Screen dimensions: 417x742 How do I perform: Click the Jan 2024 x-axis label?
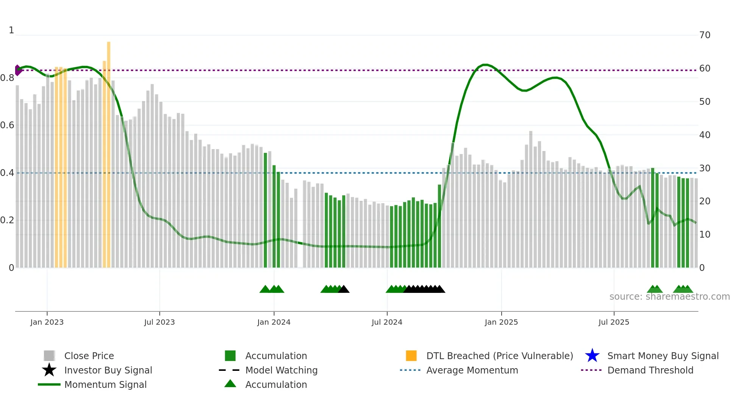274,322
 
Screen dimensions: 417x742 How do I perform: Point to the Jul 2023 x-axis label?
159,322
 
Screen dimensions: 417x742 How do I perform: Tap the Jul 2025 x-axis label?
614,322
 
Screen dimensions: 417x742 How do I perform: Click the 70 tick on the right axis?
705,35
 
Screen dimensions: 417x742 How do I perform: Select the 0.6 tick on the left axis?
7,125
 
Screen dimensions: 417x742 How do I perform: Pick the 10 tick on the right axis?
705,235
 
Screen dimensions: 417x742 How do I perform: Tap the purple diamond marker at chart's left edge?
17,70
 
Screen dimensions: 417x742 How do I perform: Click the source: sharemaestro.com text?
669,297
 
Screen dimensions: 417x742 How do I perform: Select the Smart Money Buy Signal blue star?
592,356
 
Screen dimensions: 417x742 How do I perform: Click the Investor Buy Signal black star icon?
49,370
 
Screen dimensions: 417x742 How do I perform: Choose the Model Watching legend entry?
281,370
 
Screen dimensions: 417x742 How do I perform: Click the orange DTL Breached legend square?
411,356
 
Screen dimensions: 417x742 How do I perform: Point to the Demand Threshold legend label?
650,370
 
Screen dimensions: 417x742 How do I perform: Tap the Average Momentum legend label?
472,370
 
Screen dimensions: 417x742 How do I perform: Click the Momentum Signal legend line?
49,384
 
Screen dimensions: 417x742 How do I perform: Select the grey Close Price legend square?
49,356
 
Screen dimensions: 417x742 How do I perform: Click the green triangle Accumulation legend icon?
230,384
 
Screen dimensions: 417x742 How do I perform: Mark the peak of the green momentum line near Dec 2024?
485,65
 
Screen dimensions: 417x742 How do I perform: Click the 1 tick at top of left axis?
11,30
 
